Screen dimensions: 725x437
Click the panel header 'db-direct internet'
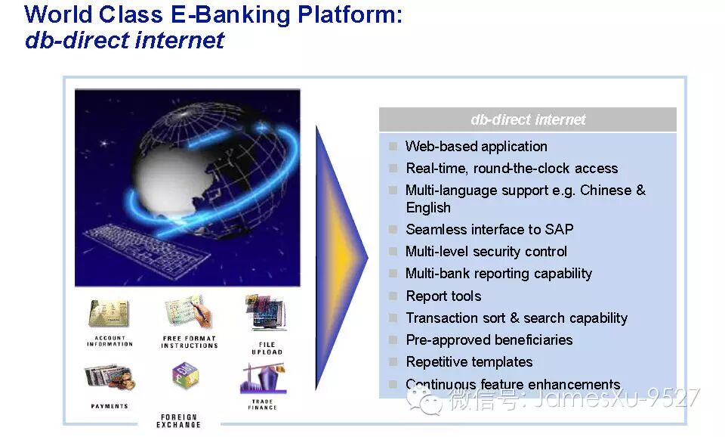click(x=528, y=119)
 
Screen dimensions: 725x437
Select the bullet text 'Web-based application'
click(x=476, y=147)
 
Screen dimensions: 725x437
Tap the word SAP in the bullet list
click(x=558, y=229)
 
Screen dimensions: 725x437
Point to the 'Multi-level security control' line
click(x=486, y=252)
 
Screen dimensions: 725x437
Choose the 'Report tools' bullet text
click(x=443, y=296)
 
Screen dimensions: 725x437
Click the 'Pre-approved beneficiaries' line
click(x=489, y=340)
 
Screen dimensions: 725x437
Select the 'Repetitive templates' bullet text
click(x=469, y=362)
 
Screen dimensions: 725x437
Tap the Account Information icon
click(x=109, y=313)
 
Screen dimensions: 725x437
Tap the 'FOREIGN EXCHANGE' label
click(x=179, y=421)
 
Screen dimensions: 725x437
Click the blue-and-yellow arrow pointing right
click(x=340, y=257)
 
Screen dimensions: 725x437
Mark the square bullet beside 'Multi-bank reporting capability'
click(x=393, y=274)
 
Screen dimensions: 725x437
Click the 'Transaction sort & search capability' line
click(x=517, y=318)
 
